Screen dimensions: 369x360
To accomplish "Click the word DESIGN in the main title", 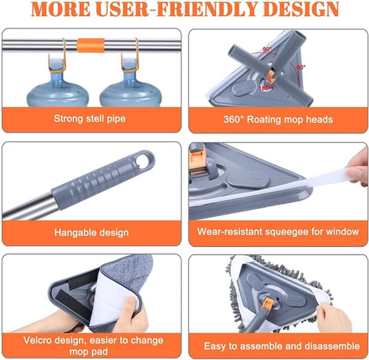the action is click(301, 9).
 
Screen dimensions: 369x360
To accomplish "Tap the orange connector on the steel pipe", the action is click(91, 45).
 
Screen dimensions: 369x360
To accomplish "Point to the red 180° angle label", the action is click(264, 88).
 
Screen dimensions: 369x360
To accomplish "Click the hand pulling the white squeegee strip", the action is click(358, 167).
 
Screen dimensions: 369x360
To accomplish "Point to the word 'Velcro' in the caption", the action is click(37, 341).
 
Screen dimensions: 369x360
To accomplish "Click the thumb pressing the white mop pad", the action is click(131, 306).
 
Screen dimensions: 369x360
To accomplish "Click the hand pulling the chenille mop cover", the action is click(334, 318).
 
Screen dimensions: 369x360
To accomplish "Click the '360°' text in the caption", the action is click(234, 119).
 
